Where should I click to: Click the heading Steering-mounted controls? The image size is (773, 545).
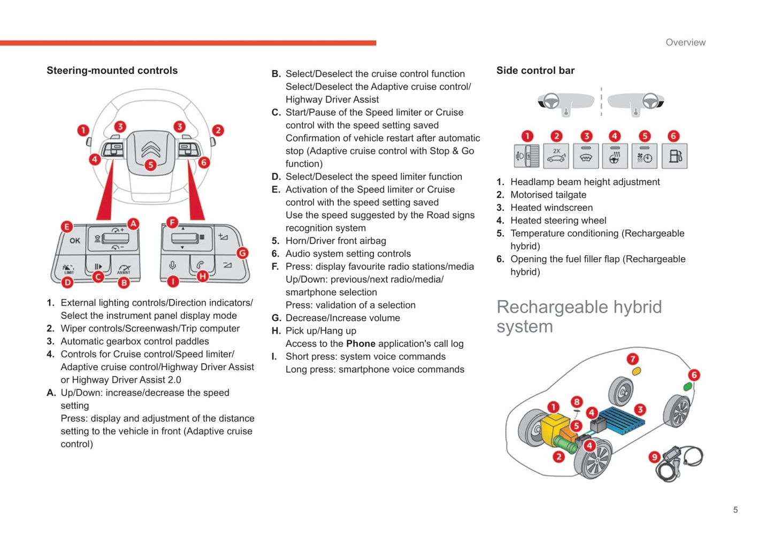[112, 71]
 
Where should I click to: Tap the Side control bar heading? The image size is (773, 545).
[535, 71]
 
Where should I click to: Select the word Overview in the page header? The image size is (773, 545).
[685, 42]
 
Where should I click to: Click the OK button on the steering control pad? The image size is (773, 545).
[75, 241]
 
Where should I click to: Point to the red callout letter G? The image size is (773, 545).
[242, 253]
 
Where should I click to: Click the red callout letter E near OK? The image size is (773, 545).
[66, 226]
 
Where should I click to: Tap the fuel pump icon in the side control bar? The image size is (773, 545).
[675, 156]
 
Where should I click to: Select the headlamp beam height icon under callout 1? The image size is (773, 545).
[526, 156]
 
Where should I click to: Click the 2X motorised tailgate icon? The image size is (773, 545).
[556, 156]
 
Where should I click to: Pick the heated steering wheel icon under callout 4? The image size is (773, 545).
[615, 156]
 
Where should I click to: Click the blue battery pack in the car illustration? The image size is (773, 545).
[621, 418]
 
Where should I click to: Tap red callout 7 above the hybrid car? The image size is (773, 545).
[633, 359]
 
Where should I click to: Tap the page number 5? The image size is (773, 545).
[736, 510]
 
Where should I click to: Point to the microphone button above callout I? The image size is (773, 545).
[173, 265]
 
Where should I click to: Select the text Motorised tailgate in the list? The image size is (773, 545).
[548, 195]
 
